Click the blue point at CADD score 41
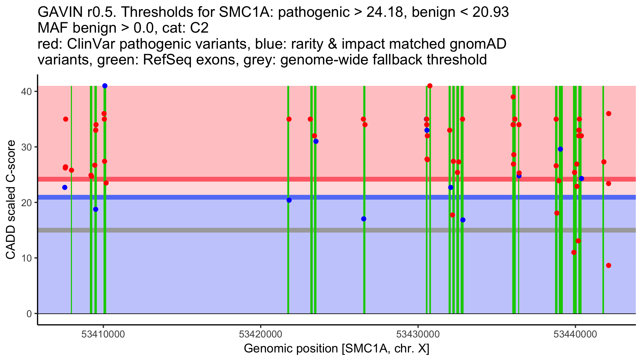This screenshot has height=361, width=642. pyautogui.click(x=105, y=86)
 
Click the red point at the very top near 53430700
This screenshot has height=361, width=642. pyautogui.click(x=430, y=86)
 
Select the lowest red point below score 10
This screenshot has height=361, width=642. pyautogui.click(x=609, y=265)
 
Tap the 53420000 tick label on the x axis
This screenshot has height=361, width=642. pyautogui.click(x=261, y=334)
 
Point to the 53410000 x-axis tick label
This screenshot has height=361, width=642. pyautogui.click(x=103, y=334)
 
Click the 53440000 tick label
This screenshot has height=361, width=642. pyautogui.click(x=575, y=334)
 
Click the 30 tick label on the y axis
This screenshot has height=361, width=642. pyautogui.click(x=26, y=147)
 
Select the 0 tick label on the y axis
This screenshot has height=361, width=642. pyautogui.click(x=29, y=314)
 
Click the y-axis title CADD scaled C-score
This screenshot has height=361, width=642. pyautogui.click(x=11, y=200)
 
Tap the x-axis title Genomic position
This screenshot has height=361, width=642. pyautogui.click(x=337, y=349)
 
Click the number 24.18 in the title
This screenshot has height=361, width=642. pyautogui.click(x=385, y=12)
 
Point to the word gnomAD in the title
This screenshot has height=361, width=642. pyautogui.click(x=478, y=44)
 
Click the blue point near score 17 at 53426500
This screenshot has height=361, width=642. pyautogui.click(x=364, y=219)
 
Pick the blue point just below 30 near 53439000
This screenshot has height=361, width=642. pyautogui.click(x=560, y=149)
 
